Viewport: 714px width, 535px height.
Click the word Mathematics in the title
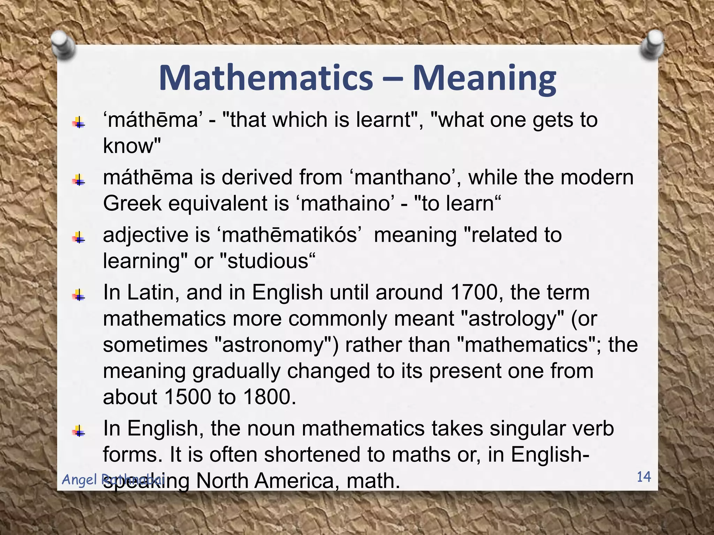point(266,78)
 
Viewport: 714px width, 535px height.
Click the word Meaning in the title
point(485,79)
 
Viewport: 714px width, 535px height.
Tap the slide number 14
point(644,476)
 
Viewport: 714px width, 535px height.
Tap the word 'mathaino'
point(345,203)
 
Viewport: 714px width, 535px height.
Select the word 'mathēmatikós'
point(289,235)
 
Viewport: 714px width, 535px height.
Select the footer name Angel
point(80,480)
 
